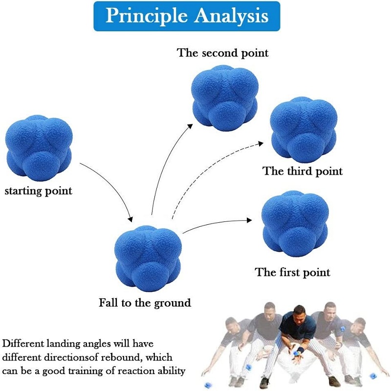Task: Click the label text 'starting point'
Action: tap(38, 191)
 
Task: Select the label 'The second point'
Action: tap(223, 52)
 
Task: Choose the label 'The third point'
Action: tap(303, 171)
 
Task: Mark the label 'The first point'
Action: tap(293, 272)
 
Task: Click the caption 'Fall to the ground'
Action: tap(145, 303)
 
